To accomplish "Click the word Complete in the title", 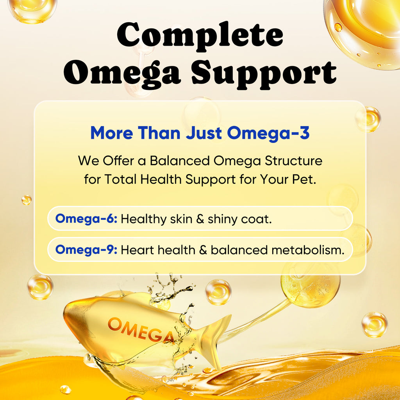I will pos(200,34).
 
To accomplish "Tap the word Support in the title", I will pos(264,73).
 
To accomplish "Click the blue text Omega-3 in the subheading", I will pos(268,133).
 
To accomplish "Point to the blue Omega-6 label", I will pos(86,218).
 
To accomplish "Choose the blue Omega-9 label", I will pos(86,250).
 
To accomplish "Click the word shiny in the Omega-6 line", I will pos(223,219).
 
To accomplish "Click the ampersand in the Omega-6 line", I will pos(200,219).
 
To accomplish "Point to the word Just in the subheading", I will pos(204,133).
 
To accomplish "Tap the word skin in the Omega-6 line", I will pos(181,219).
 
